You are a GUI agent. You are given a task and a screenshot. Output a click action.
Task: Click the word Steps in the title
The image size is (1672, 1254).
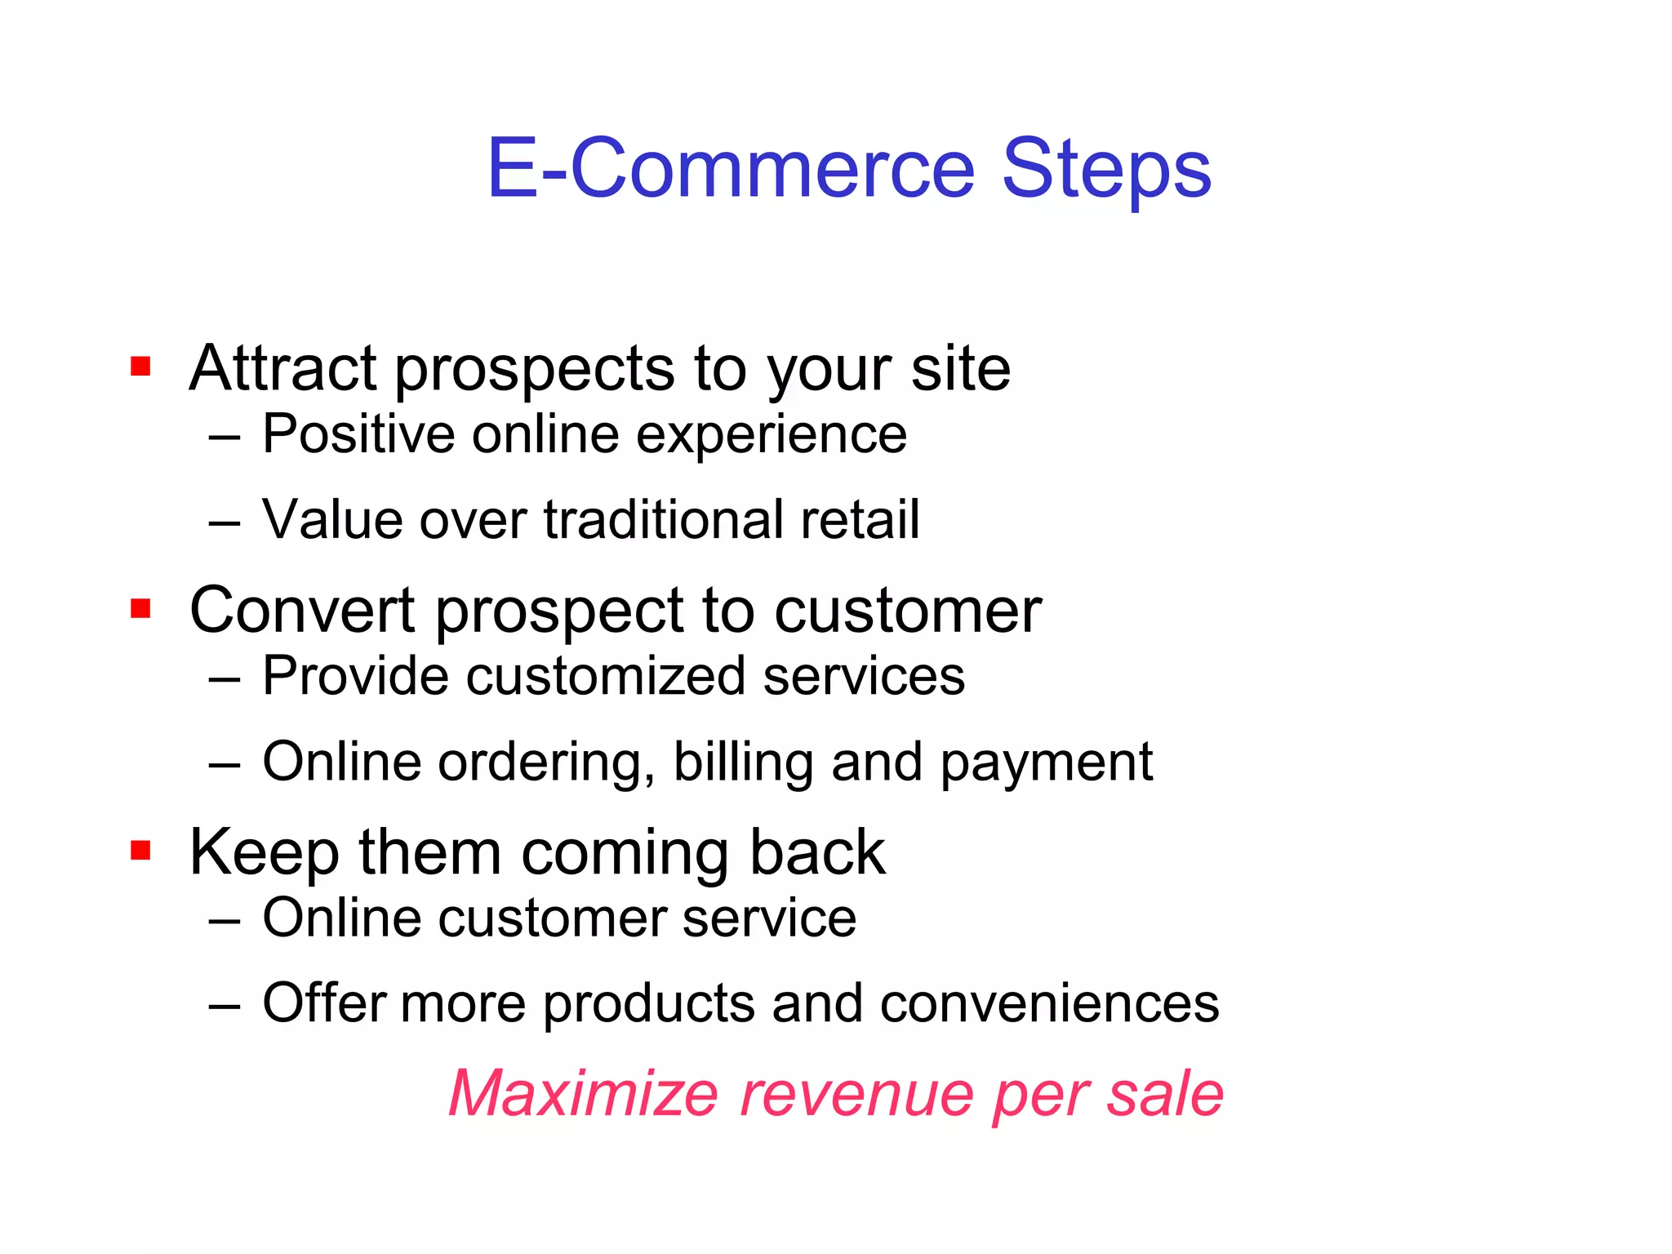pos(1106,170)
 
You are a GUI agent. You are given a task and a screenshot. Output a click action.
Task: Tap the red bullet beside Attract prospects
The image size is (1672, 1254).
pos(140,367)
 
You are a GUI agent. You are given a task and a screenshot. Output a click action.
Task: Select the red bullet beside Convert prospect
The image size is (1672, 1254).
pos(140,609)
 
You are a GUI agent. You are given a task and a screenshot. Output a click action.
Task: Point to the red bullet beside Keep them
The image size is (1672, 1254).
pos(140,851)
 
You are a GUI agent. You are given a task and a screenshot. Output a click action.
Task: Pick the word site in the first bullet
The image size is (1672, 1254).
pos(960,369)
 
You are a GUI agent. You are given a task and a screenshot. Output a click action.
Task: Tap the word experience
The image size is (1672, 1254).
pos(771,435)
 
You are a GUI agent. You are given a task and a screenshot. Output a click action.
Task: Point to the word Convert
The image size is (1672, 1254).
pos(303,611)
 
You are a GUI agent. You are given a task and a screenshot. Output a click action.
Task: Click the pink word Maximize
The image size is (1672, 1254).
pos(583,1094)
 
